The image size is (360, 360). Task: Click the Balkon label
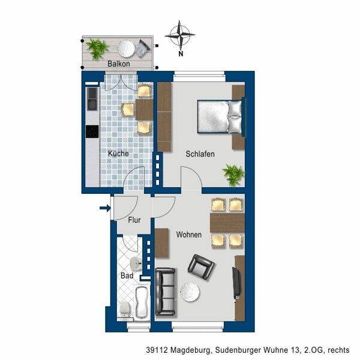pos(119,64)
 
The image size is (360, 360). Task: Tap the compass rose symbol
pos(180,35)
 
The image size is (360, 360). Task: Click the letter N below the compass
pos(181,54)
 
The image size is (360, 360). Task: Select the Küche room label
pos(118,154)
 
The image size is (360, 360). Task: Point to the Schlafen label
pos(200,154)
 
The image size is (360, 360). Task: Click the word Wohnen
pos(189,235)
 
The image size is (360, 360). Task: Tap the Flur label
pos(134,220)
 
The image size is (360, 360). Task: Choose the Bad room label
pos(127,275)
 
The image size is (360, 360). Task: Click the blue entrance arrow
pos(105,208)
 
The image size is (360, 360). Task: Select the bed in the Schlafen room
pos(221,117)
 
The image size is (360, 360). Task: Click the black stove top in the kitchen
pos(92,131)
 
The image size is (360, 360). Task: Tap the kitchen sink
pos(92,99)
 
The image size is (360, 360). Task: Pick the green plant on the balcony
pos(97,49)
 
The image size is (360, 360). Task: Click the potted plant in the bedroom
pos(233,175)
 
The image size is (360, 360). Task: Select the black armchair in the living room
pos(201,268)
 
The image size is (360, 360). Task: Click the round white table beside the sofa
pos(190,292)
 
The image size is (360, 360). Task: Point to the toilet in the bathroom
pos(125,310)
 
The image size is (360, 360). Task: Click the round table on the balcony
pos(127,49)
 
